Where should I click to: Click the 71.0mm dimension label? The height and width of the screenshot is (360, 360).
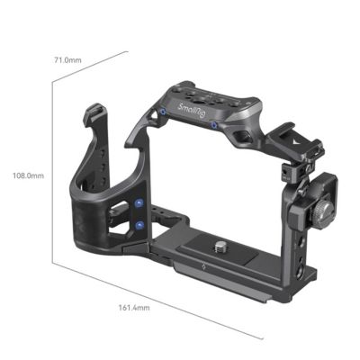[67, 59]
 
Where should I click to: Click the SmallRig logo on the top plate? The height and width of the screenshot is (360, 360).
[193, 112]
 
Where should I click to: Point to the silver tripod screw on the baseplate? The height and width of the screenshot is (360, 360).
[220, 243]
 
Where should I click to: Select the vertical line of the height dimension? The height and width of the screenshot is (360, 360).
[55, 175]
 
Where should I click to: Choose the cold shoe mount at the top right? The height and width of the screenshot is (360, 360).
[292, 138]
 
